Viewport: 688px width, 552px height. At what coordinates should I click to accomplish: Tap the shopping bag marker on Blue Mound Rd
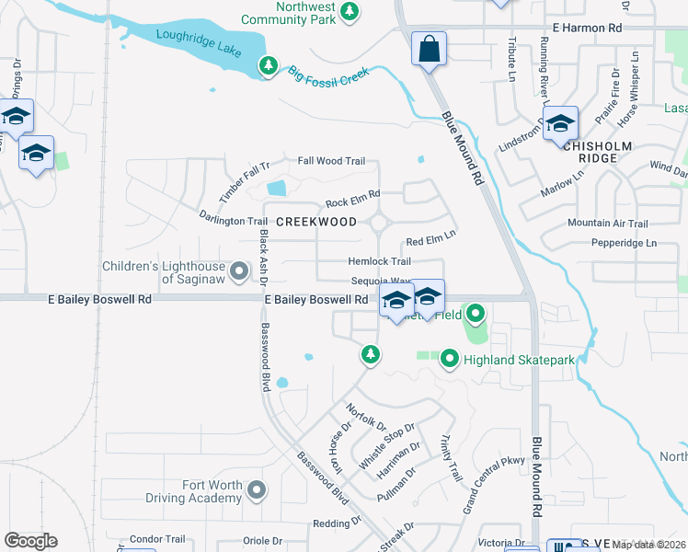tap(430, 50)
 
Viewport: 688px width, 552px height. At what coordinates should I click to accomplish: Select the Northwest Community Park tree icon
tap(349, 12)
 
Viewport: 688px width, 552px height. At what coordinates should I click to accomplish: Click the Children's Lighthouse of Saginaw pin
tap(239, 271)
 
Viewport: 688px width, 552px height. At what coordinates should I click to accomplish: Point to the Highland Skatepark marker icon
tap(450, 358)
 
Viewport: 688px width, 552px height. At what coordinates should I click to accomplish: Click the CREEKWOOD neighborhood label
tap(316, 222)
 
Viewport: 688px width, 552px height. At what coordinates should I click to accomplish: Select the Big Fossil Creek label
tap(328, 75)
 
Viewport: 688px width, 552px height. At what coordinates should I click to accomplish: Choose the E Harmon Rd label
tap(588, 29)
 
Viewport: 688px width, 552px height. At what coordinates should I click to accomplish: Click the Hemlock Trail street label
tap(379, 262)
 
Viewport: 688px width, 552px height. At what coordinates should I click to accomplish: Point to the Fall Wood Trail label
tap(331, 161)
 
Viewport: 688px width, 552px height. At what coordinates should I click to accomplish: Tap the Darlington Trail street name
tap(234, 221)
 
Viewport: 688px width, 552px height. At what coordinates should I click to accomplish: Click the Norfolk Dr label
tap(366, 416)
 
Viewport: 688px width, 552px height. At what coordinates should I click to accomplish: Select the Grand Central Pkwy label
tap(493, 472)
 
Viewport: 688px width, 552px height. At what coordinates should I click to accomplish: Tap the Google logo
tap(30, 541)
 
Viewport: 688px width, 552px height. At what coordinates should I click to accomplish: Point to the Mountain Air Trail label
tap(607, 224)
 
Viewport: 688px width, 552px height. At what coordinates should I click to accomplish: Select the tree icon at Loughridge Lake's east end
tap(268, 66)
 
